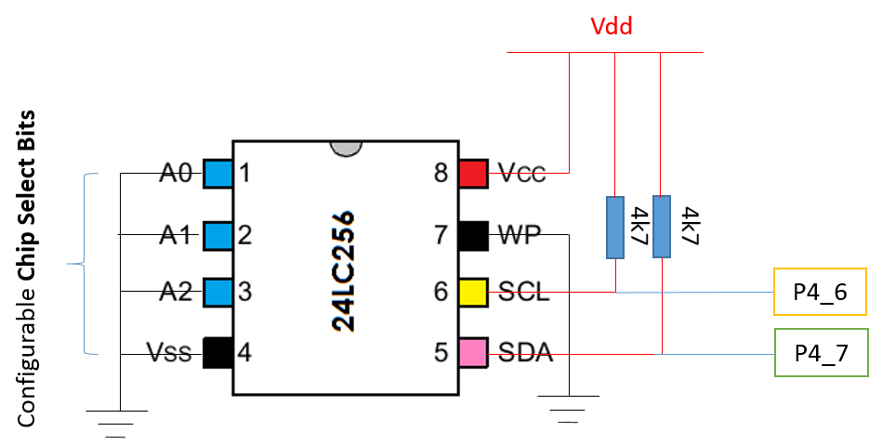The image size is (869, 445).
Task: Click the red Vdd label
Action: click(612, 27)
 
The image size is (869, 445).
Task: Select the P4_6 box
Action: click(821, 294)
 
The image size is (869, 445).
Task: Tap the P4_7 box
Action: click(821, 353)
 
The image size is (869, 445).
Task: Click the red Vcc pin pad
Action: click(473, 173)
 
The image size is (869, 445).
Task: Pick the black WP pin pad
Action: click(473, 234)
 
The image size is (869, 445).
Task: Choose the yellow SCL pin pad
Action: click(473, 293)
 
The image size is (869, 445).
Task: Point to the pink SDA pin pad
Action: click(473, 352)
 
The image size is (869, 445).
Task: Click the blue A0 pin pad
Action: click(217, 173)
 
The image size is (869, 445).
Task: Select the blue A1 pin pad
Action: click(217, 234)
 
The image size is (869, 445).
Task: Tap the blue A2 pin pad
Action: click(217, 293)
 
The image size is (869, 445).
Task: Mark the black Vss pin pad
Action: click(217, 352)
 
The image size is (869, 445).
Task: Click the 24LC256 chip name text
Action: click(344, 271)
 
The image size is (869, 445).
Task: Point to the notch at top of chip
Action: click(345, 147)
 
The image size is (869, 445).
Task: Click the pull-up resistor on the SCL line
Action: click(615, 227)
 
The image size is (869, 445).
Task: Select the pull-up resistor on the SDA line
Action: click(661, 227)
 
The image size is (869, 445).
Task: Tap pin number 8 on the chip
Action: click(441, 173)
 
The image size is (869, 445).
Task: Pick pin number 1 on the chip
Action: click(244, 173)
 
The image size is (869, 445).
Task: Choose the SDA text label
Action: click(525, 353)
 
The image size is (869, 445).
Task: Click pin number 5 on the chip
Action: click(441, 353)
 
